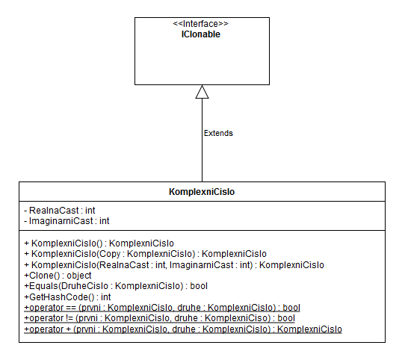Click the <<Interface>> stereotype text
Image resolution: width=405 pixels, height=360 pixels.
point(202,24)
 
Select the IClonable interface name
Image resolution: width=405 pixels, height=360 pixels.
point(202,34)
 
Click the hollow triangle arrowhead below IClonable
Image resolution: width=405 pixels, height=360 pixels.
point(202,92)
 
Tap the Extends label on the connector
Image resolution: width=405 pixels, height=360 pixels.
point(218,133)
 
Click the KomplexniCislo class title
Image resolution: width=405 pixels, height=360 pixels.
point(202,193)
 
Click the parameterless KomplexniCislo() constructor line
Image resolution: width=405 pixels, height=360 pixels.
point(99,243)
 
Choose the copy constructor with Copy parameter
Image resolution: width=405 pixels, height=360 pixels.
point(145,254)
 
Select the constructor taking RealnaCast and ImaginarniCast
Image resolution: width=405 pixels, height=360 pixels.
point(173,265)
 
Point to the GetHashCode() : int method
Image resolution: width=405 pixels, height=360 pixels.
point(67,297)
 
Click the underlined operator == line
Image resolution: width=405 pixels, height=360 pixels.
point(161,307)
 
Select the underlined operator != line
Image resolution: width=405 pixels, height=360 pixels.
point(159,317)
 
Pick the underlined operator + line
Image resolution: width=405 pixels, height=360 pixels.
point(183,329)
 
